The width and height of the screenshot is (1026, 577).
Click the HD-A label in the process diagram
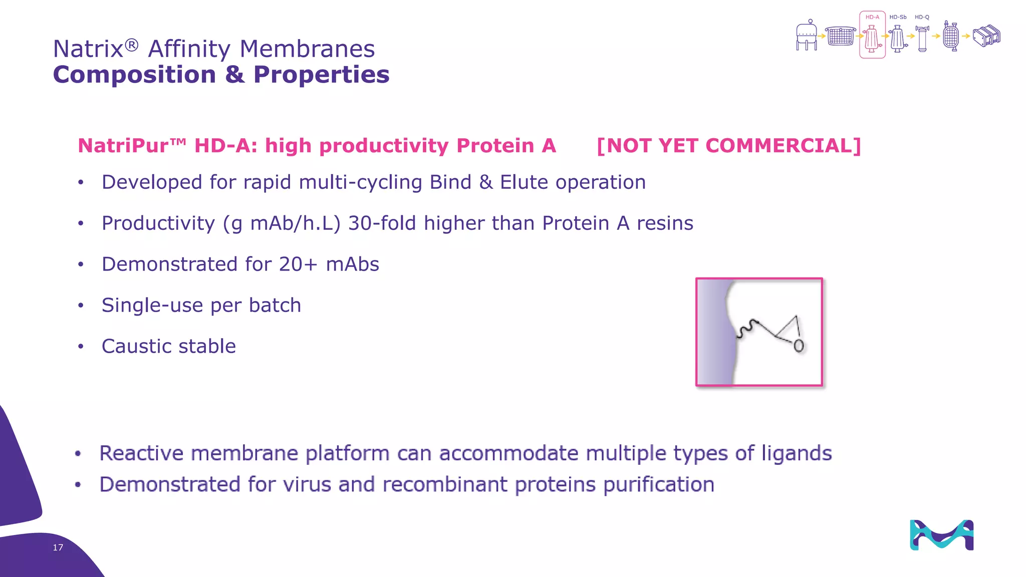point(872,17)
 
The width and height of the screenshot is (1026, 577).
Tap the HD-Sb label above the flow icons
point(898,17)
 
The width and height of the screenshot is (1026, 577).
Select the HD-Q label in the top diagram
point(922,17)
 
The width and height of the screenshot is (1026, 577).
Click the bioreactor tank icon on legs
point(806,36)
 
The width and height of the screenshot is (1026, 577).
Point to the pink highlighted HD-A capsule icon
point(872,38)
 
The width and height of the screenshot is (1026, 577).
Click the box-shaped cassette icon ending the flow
point(986,36)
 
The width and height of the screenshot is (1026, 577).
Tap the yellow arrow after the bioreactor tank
point(821,36)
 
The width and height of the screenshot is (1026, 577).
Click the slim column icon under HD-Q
point(922,39)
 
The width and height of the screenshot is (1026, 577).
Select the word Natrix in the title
point(88,49)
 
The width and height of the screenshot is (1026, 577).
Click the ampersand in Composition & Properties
point(234,75)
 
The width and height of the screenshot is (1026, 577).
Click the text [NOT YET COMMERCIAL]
point(729,146)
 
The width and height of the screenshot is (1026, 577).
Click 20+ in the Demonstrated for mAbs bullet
point(298,264)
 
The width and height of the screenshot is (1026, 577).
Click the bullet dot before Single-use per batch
point(81,306)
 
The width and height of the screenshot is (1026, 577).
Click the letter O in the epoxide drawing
point(799,346)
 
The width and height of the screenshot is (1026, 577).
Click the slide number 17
point(58,547)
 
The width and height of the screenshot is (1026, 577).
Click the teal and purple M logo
point(941,535)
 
